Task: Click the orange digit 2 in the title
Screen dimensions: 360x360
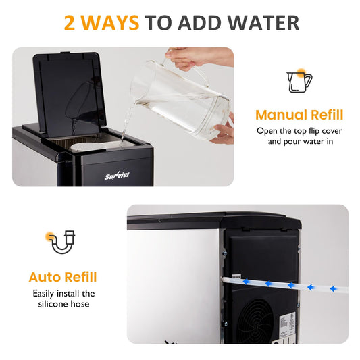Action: tap(70, 23)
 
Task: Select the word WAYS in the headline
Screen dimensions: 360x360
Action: tap(110, 23)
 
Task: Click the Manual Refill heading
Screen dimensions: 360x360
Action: tap(299, 115)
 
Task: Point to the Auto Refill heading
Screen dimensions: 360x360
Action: tap(63, 277)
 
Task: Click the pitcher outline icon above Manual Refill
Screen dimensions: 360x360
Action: tap(299, 82)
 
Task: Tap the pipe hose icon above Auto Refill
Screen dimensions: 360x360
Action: tap(62, 242)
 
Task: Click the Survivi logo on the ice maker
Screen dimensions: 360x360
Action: tap(117, 176)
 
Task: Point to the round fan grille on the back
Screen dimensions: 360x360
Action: tap(255, 322)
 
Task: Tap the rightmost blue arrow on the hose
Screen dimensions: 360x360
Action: tap(334, 288)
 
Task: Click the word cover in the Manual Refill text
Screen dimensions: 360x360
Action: tap(332, 131)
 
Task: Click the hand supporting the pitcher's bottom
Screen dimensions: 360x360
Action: tap(223, 132)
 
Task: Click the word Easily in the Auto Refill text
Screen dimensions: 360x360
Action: tap(43, 294)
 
